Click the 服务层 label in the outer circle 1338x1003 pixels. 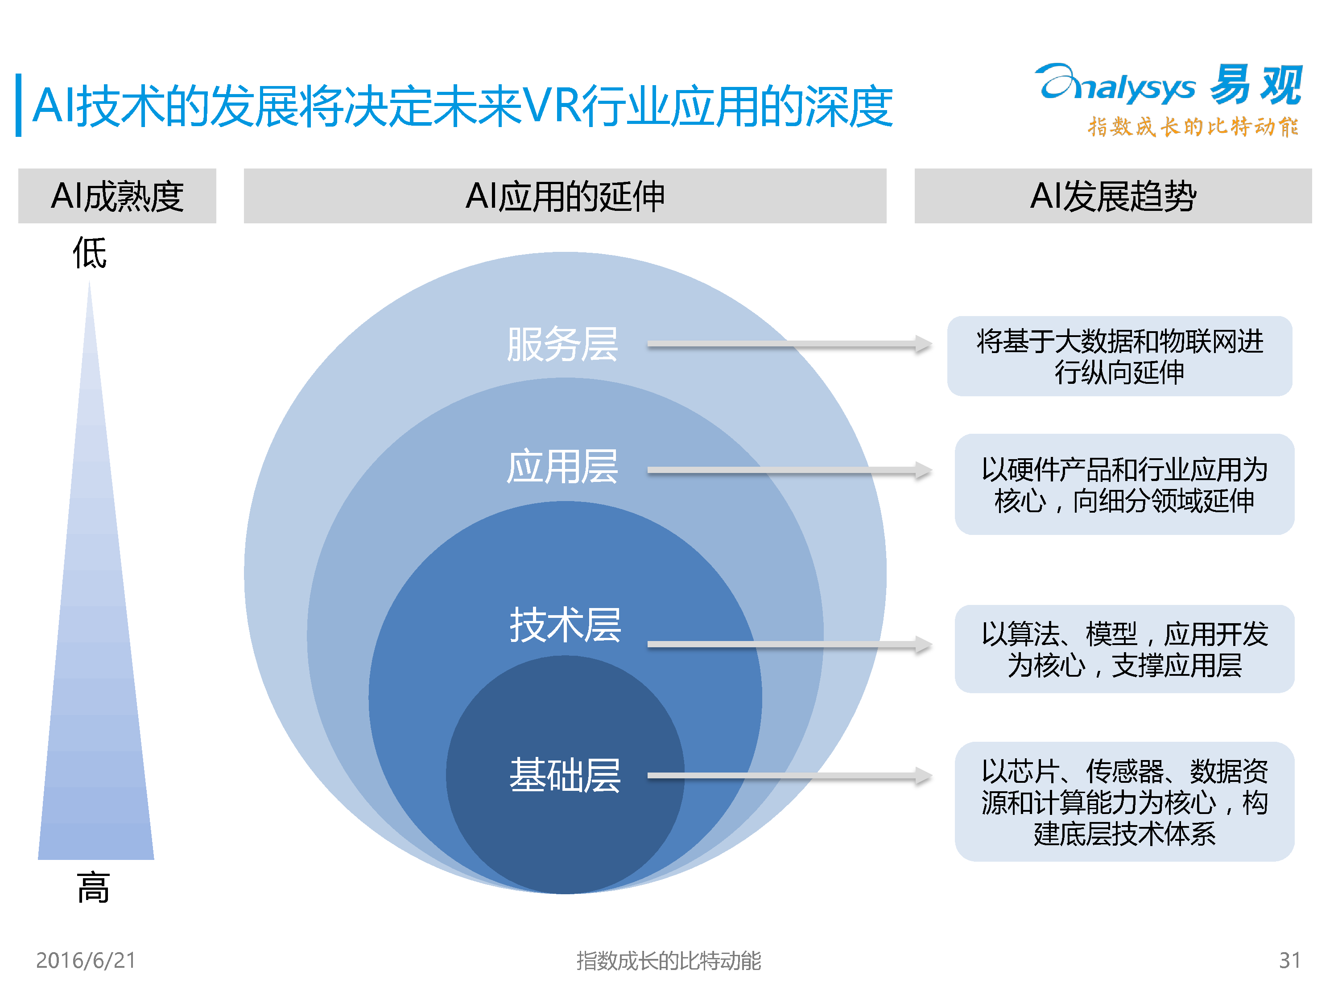click(562, 345)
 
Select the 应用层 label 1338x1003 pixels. click(562, 467)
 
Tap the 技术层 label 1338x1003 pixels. click(565, 625)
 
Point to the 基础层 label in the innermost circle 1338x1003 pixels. click(565, 775)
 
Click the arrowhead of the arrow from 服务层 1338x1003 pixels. click(924, 344)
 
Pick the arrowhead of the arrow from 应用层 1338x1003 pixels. click(924, 470)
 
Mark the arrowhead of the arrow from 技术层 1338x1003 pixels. click(924, 645)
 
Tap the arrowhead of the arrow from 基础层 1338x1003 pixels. click(924, 776)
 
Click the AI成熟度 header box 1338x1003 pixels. click(117, 196)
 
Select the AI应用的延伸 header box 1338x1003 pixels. click(565, 196)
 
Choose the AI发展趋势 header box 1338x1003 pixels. click(1113, 196)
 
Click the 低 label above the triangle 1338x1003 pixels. click(90, 253)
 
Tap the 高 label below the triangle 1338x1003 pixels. click(93, 888)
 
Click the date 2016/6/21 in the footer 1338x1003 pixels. click(86, 960)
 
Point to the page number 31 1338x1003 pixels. click(1290, 960)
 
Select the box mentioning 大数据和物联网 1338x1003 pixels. click(1119, 356)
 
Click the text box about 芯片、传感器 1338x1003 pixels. click(1124, 802)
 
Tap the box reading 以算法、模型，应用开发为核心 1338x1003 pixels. click(1124, 649)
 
